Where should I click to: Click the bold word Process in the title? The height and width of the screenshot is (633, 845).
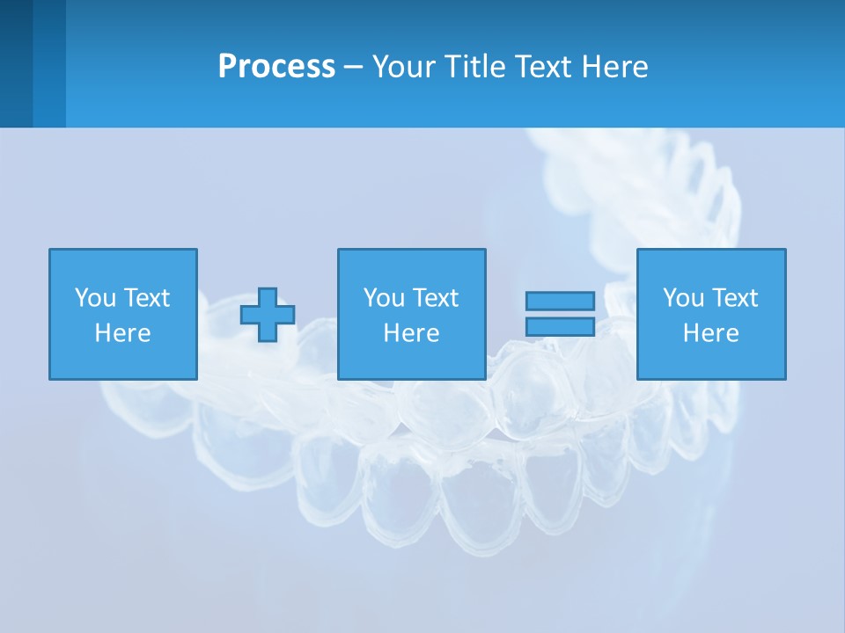click(276, 67)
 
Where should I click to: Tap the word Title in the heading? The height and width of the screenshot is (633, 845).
click(474, 67)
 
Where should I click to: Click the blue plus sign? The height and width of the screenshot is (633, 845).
click(268, 315)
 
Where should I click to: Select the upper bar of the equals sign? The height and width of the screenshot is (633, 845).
click(560, 302)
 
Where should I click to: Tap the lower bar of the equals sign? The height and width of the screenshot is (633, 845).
click(560, 326)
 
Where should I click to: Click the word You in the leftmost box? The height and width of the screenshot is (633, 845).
click(95, 298)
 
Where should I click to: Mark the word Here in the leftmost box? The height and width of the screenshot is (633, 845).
click(122, 333)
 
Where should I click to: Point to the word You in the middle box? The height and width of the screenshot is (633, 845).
click(384, 298)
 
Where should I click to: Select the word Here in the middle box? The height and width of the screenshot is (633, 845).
click(411, 333)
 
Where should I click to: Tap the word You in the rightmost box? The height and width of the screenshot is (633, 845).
click(683, 298)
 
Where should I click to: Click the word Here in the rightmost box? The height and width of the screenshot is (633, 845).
click(710, 333)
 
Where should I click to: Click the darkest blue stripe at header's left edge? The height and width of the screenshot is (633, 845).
click(16, 63)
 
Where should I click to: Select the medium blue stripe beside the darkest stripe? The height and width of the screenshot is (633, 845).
click(49, 63)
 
